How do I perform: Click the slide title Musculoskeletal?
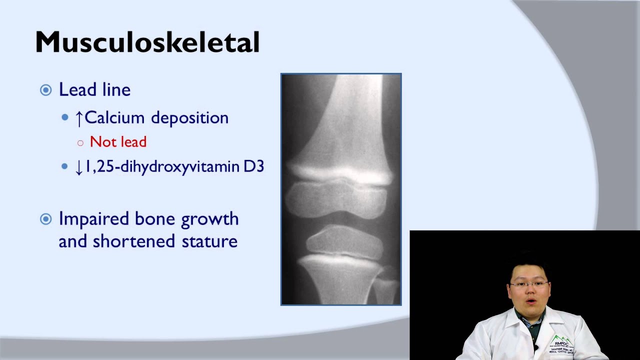coord(147,42)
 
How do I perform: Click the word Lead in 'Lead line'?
coord(78,89)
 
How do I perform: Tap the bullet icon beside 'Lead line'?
coord(45,90)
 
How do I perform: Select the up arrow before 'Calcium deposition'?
coord(78,118)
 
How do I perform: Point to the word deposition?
coord(189,118)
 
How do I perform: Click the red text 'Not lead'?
coord(118,142)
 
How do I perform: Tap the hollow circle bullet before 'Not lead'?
coord(80,143)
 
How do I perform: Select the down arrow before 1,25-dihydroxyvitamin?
coord(78,167)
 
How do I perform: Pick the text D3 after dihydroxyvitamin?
coord(254,166)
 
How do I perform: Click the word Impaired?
coord(93,219)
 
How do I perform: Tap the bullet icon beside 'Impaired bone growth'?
coord(45,219)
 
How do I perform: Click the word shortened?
coord(133,241)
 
